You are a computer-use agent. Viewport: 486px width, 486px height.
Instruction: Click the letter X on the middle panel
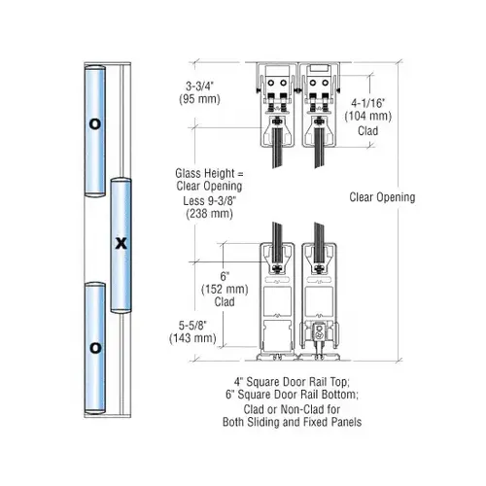121,243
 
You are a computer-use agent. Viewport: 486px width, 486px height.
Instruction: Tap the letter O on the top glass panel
94,124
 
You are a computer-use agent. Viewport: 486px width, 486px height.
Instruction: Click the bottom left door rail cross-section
275,296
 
